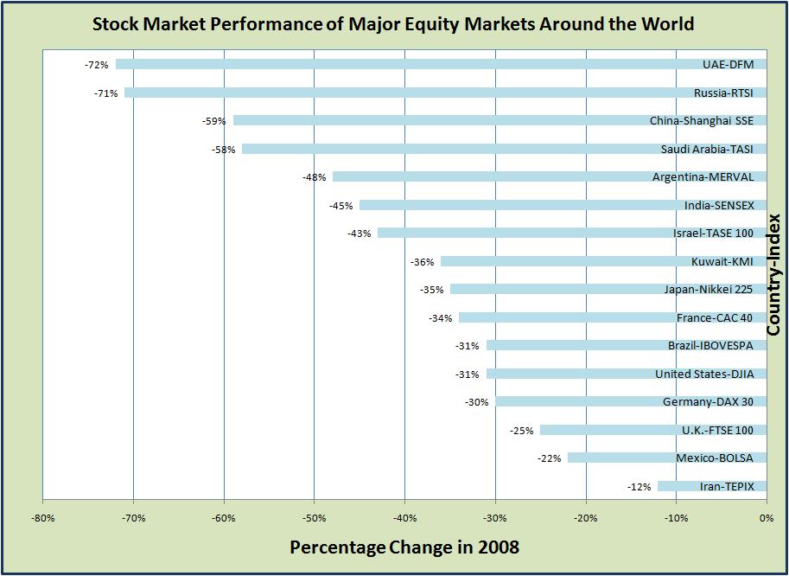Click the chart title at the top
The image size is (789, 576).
(393, 23)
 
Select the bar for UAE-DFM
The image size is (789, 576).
(406, 64)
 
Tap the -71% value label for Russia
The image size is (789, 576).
(106, 93)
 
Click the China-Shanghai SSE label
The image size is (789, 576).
(702, 121)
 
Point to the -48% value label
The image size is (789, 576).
(315, 177)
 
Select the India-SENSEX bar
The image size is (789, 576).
(519, 205)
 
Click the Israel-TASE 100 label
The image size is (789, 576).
(713, 234)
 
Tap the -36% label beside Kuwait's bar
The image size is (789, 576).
(423, 262)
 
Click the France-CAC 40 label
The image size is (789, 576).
(715, 318)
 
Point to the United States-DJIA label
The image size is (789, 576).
(704, 374)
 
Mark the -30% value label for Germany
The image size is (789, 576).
(477, 402)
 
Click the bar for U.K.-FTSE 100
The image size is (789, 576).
(605, 430)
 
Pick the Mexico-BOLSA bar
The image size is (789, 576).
(622, 458)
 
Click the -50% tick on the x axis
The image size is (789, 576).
(315, 518)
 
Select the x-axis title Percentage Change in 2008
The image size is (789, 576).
(404, 547)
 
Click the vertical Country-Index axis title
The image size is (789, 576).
(773, 275)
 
